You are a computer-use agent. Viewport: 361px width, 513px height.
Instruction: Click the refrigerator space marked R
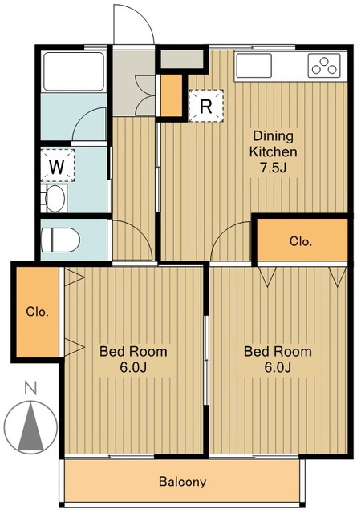(x=206, y=106)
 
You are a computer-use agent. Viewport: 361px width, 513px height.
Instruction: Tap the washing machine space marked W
(x=57, y=166)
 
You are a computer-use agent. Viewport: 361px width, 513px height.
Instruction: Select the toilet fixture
(x=60, y=240)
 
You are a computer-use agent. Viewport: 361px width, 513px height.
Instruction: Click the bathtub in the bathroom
(x=74, y=71)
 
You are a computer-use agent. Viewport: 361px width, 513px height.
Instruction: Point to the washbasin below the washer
(x=54, y=198)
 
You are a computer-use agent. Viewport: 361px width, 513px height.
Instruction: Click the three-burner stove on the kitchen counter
(x=324, y=66)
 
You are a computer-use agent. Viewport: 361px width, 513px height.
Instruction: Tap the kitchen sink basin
(x=254, y=66)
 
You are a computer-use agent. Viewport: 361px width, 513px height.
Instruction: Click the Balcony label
(x=182, y=482)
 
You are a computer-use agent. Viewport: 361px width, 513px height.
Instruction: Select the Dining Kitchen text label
(x=274, y=144)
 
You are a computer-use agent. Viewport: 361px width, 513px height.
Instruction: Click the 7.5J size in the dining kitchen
(x=274, y=168)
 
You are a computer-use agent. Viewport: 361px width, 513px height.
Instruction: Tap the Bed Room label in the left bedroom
(x=133, y=352)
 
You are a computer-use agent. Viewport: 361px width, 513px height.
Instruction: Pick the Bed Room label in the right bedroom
(x=278, y=352)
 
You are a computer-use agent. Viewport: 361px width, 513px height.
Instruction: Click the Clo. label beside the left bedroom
(x=38, y=312)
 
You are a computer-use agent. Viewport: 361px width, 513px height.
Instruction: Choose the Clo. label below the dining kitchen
(x=301, y=242)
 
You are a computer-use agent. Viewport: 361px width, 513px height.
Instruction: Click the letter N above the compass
(x=30, y=388)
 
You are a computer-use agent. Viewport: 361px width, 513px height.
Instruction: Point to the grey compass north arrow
(x=30, y=426)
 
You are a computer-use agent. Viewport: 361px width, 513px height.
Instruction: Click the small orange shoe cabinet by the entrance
(x=172, y=95)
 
